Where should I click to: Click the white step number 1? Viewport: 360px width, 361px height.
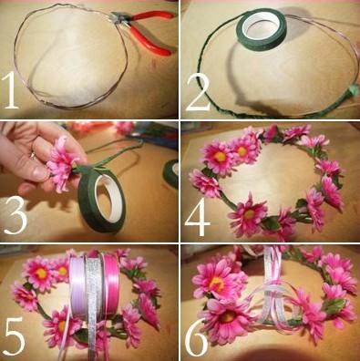point(11,90)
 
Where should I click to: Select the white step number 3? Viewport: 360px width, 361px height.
point(15,215)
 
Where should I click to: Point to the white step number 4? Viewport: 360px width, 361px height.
point(198,217)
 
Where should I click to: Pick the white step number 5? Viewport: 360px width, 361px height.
point(14,336)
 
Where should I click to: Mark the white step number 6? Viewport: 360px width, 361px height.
point(196,337)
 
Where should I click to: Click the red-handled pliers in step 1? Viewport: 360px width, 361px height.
point(144,29)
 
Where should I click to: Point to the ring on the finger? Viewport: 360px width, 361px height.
point(32,156)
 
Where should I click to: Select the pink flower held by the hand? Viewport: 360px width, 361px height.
point(61,164)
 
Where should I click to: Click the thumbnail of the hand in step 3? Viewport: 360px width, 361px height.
point(39,173)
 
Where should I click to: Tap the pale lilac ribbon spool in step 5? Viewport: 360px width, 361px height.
point(77,284)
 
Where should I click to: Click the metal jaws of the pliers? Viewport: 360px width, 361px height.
point(121,17)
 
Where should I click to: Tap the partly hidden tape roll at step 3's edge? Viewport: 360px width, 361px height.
point(171,173)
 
